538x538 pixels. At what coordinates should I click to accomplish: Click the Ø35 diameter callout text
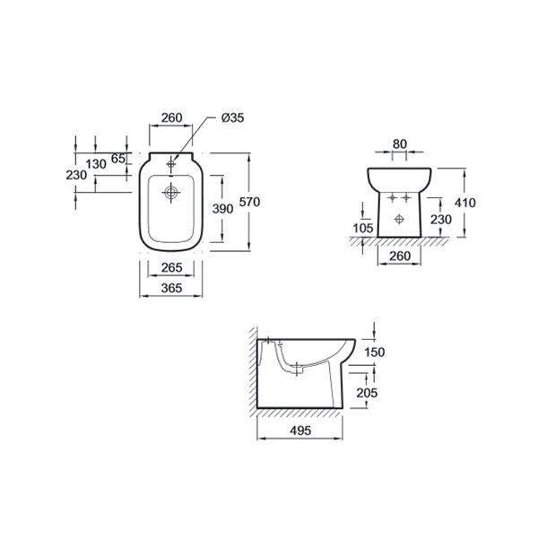[232, 117]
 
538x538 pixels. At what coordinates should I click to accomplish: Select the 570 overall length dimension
[249, 202]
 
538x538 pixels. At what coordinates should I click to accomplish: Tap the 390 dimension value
[222, 209]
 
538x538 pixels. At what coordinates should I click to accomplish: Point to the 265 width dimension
[171, 267]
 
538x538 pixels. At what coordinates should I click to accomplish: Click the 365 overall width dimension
[171, 288]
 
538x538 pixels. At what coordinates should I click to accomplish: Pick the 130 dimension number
[96, 164]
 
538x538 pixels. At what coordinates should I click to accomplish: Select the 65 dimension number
[118, 159]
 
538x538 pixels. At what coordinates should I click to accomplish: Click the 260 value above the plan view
[171, 117]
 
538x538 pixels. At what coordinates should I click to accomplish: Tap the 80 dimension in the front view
[400, 144]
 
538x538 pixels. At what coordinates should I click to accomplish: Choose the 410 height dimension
[464, 203]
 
